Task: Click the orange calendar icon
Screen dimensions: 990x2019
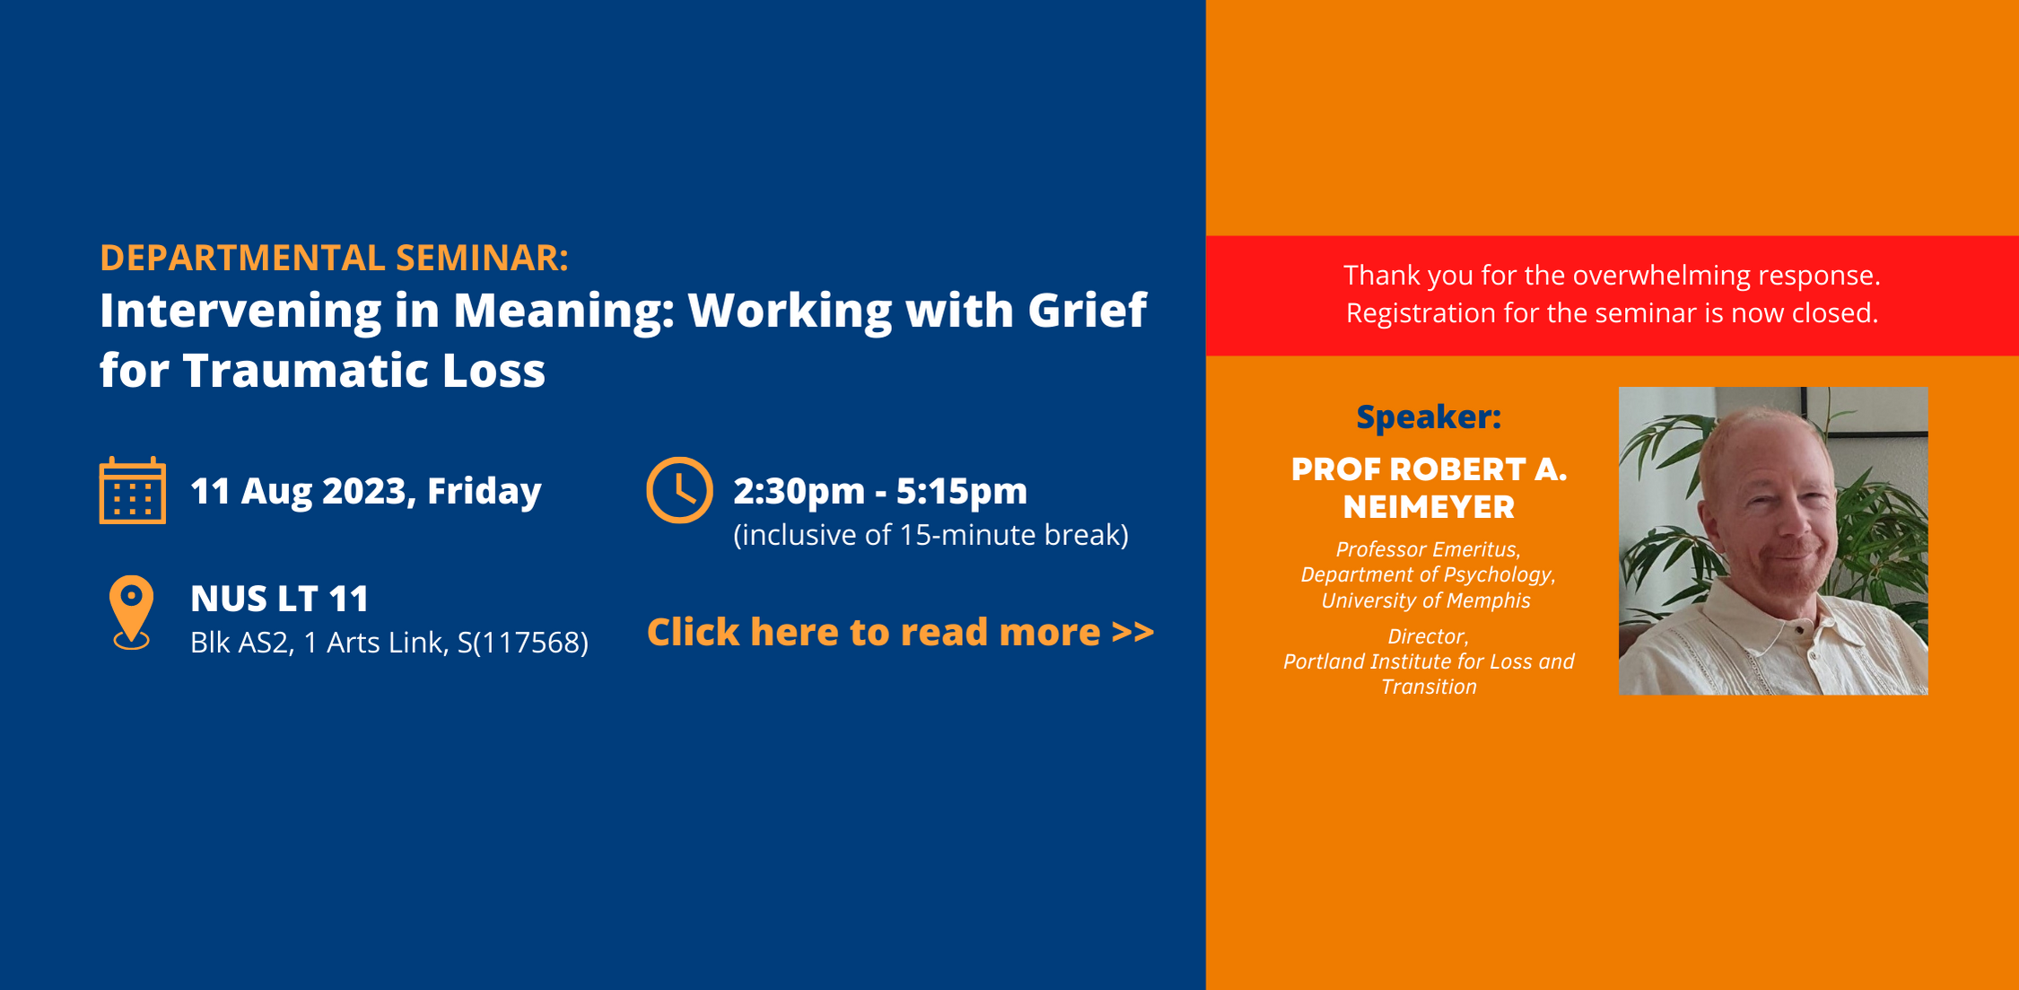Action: click(132, 490)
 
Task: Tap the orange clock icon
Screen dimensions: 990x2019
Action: click(679, 490)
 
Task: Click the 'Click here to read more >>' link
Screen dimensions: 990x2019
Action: click(900, 632)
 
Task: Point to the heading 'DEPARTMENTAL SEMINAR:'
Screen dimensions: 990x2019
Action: click(334, 258)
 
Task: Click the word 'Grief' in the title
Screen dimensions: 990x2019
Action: click(1087, 311)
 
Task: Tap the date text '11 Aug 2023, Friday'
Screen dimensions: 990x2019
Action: click(365, 491)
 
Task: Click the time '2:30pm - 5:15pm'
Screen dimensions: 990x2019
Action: click(879, 491)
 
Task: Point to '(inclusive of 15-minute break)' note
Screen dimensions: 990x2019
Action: click(931, 535)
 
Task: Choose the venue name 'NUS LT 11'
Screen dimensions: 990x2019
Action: click(279, 599)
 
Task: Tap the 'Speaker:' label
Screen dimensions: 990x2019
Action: click(1428, 416)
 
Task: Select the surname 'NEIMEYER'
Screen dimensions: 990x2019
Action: click(1429, 507)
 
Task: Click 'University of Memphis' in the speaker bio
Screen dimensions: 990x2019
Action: click(1426, 600)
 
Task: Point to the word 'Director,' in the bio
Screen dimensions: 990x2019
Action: click(1428, 636)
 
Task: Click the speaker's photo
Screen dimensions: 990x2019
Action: click(1772, 540)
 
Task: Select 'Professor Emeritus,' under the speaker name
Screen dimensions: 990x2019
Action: click(1428, 549)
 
